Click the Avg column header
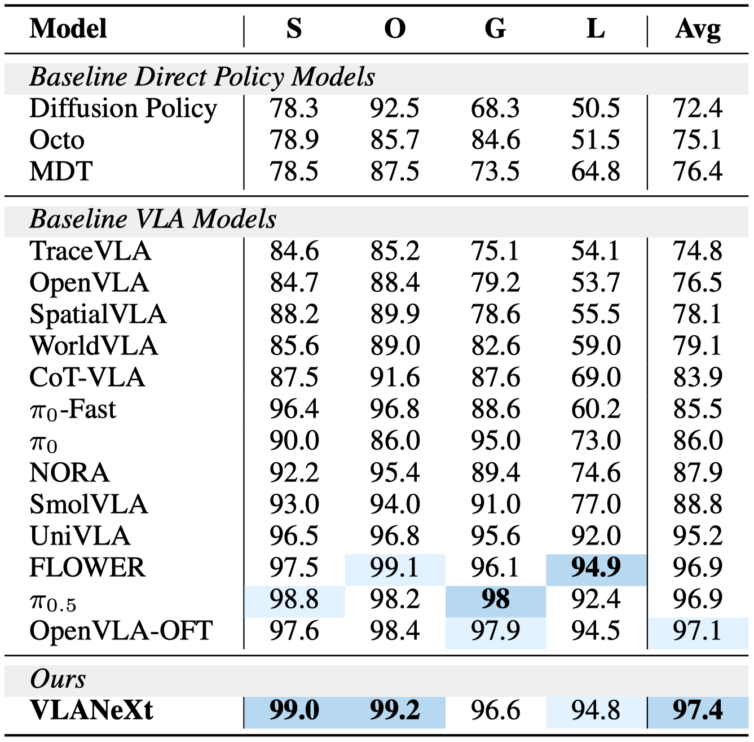(698, 29)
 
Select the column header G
(495, 29)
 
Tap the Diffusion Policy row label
(123, 108)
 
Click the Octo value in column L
(596, 140)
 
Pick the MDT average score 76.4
(697, 172)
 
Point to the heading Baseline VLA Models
(153, 218)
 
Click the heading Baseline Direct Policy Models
(202, 77)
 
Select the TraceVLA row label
(90, 251)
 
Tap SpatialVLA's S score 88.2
(294, 314)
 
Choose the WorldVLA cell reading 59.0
(596, 346)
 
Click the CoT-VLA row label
(87, 377)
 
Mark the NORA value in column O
(395, 473)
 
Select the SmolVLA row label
(89, 504)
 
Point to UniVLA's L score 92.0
(596, 536)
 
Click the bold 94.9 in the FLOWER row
(596, 568)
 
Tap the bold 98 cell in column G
(495, 599)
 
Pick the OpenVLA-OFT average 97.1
(697, 631)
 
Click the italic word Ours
(58, 679)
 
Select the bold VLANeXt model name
(91, 710)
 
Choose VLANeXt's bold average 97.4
(697, 710)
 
